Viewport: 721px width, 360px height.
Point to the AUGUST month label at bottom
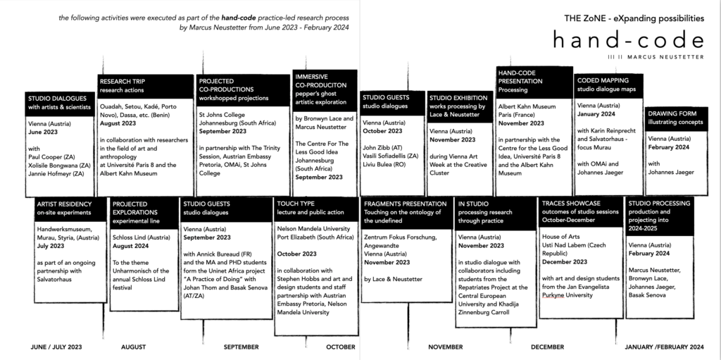tap(133, 347)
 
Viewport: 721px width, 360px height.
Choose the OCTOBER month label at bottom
tap(341, 347)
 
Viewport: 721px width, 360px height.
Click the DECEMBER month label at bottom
tap(548, 347)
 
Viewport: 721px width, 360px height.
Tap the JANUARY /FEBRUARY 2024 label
tap(665, 347)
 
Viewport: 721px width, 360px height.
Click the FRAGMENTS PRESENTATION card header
tap(406, 207)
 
